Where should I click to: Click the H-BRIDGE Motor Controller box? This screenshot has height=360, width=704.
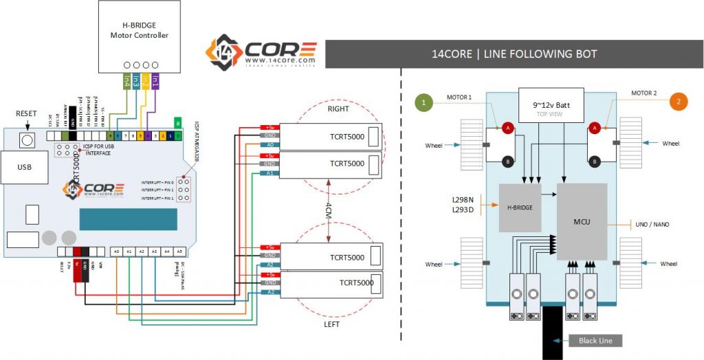coord(140,36)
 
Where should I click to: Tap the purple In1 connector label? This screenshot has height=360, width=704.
coord(155,82)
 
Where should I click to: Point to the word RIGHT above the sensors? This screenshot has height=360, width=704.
coord(338,109)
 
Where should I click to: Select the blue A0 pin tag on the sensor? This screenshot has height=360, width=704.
coord(270,145)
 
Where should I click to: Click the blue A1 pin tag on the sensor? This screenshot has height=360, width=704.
coord(270,173)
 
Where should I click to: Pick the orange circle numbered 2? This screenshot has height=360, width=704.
coord(678,101)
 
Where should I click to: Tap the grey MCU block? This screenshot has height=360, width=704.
coord(582,221)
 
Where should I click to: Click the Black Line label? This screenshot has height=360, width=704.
coord(591,340)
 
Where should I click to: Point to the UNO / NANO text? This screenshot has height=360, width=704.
coord(652,224)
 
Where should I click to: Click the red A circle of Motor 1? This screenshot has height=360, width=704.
coord(507,128)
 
